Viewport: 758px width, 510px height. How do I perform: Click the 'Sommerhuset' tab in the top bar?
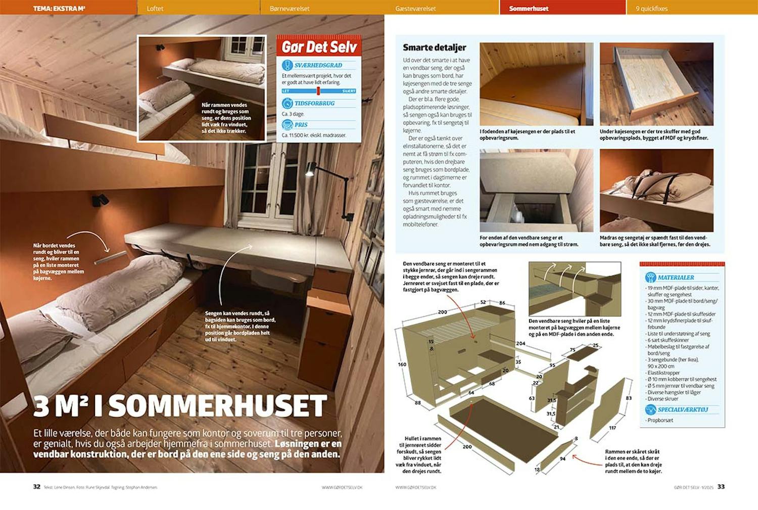tap(529, 8)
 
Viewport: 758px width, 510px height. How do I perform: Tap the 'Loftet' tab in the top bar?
tap(155, 8)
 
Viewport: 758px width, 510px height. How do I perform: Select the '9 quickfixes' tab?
tap(652, 8)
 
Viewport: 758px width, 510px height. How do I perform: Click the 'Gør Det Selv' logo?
tap(319, 47)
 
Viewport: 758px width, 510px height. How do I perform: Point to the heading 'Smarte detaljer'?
tap(434, 48)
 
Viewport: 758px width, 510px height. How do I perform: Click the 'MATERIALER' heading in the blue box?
tap(676, 277)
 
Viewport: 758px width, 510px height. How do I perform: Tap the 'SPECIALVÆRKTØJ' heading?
tap(683, 409)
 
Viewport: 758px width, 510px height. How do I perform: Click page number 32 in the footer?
tap(36, 487)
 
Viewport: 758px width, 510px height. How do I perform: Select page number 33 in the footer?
tap(721, 487)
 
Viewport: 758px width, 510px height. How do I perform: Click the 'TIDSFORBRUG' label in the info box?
tap(314, 103)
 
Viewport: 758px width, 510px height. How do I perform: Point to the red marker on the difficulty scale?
tap(318, 91)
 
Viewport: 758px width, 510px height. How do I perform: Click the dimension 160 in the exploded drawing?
tap(402, 364)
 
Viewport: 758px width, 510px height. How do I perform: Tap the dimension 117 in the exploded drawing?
tap(612, 428)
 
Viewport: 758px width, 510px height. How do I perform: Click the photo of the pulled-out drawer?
tap(656, 84)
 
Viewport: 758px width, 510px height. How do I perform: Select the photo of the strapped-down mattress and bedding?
tap(656, 190)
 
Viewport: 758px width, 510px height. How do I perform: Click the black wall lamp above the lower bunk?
tap(100, 200)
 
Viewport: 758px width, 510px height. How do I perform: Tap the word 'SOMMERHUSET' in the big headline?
tap(218, 405)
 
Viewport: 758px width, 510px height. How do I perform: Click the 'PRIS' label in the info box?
tap(301, 125)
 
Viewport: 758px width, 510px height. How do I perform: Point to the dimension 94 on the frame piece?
tap(562, 458)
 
